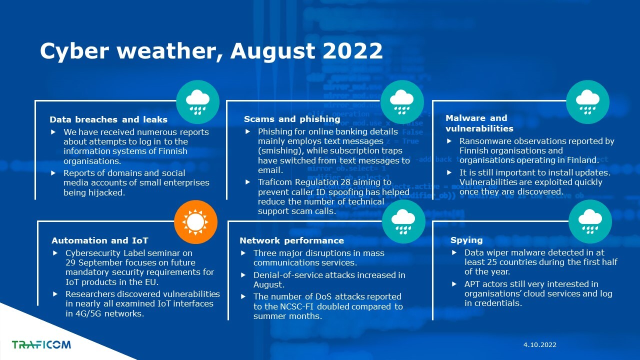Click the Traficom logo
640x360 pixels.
tap(41, 344)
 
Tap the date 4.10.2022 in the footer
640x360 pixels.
tap(539, 345)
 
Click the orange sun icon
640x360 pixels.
tap(195, 222)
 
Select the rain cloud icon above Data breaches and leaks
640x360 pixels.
tap(197, 102)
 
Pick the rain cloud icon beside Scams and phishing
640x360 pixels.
tap(402, 102)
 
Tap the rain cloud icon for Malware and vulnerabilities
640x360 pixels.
tap(587, 102)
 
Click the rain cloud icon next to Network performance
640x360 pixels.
tap(403, 221)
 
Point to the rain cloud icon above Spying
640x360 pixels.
tap(590, 221)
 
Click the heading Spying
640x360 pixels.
tap(466, 240)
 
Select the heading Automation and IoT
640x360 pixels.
tap(100, 240)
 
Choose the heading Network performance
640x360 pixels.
tap(291, 240)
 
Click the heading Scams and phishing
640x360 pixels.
tap(292, 119)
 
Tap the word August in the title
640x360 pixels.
tap(273, 51)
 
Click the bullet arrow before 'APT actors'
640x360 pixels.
tap(454, 284)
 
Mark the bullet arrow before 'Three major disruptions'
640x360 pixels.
tap(243, 253)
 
